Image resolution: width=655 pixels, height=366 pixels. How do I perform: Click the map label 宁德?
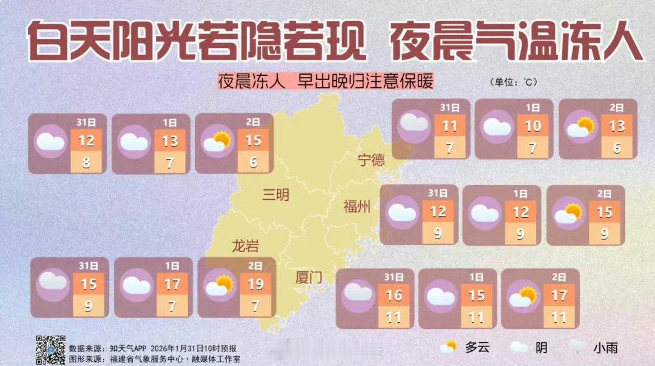[x=371, y=160]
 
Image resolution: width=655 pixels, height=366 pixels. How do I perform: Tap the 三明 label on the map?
[x=276, y=195]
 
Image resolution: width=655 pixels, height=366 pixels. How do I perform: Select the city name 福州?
[x=356, y=208]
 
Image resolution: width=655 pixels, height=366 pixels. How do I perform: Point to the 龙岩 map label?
[x=246, y=246]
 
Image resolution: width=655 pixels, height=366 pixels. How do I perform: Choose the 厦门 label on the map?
[x=309, y=277]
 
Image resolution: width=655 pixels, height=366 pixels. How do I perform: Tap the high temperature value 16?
[x=394, y=296]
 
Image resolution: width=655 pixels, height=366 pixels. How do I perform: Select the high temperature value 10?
[x=532, y=126]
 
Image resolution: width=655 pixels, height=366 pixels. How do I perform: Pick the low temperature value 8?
[x=86, y=163]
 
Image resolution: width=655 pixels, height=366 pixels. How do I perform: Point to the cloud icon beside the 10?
[x=497, y=127]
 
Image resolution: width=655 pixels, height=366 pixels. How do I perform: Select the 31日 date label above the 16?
[x=394, y=277]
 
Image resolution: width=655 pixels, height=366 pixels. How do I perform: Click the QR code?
[x=50, y=350]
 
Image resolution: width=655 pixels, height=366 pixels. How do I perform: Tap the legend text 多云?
[x=477, y=348]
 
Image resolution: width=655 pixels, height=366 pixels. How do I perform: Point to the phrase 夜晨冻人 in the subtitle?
[x=252, y=82]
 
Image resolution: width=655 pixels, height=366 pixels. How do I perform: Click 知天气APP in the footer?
[x=130, y=348]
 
